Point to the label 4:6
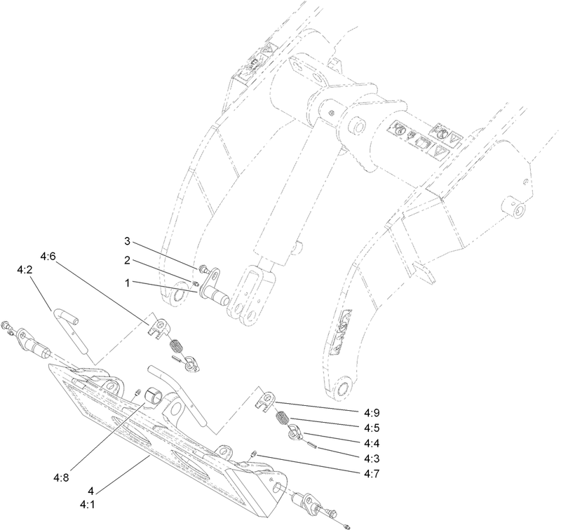pyautogui.click(x=48, y=257)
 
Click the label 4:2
pyautogui.click(x=25, y=269)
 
